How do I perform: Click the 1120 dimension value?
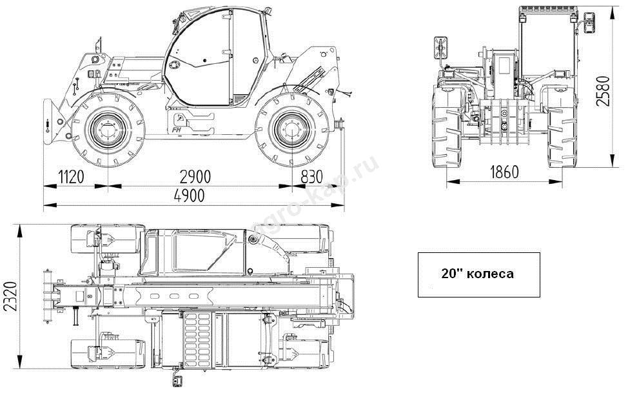72,176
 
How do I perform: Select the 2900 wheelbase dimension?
195,176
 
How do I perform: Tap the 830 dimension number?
311,176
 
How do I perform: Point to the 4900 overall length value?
190,196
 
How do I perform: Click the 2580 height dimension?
603,90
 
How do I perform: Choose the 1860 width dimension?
504,172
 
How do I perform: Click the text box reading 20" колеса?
478,275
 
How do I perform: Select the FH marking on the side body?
176,130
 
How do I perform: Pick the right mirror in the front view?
589,23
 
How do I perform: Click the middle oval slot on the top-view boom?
174,296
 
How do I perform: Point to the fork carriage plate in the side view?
48,121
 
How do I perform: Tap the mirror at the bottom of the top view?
177,379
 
